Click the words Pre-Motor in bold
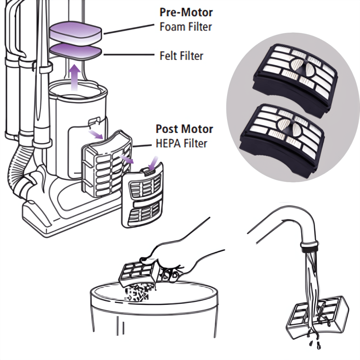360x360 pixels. [186, 12]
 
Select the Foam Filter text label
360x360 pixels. [186, 27]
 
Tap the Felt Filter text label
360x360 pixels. [181, 56]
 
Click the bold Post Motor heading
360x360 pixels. [184, 129]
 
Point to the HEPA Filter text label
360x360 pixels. [181, 143]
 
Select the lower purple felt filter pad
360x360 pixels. [76, 51]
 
